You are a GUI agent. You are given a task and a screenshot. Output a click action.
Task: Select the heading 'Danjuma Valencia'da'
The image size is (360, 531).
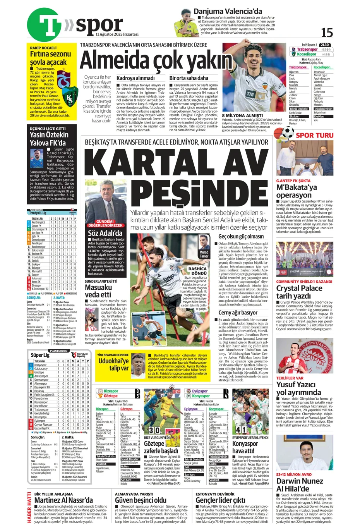[x=228, y=11]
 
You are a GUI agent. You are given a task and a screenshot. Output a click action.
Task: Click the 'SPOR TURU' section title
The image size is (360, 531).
[x=314, y=135]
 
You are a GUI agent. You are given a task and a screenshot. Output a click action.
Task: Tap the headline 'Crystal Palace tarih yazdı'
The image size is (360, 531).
[x=299, y=292]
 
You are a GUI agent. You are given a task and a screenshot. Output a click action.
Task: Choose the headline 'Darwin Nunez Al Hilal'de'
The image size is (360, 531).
[x=299, y=485]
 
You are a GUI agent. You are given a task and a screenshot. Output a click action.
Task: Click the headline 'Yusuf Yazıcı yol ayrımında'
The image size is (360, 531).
[x=298, y=388]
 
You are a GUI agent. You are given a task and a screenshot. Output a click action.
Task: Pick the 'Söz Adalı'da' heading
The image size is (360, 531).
[x=105, y=233]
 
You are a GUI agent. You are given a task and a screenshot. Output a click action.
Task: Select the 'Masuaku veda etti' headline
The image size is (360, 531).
[x=98, y=291]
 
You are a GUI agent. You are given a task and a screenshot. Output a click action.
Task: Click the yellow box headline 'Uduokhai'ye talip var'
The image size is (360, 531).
[x=113, y=364]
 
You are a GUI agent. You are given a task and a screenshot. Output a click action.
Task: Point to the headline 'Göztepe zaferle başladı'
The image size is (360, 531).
[x=161, y=447]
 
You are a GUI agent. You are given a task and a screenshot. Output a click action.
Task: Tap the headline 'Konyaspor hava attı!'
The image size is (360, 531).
[x=245, y=447]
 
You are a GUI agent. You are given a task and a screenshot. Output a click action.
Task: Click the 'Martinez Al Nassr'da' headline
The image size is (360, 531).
[x=63, y=500]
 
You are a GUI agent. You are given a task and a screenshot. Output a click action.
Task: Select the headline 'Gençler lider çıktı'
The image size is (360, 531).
[x=220, y=500]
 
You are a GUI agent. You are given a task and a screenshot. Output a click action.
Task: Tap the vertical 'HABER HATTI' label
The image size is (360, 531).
[x=30, y=507]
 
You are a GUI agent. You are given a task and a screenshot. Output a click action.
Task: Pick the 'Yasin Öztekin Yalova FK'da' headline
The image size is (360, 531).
[x=49, y=139]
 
